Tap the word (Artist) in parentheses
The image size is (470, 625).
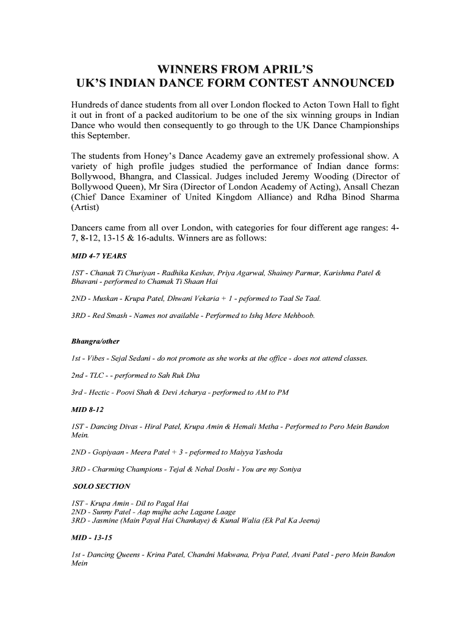(87, 211)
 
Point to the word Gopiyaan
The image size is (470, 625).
(114, 452)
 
